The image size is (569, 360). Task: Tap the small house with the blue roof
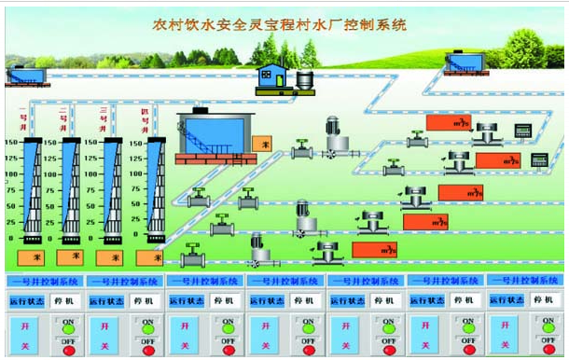(x=272, y=78)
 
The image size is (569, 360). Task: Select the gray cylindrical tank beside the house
(x=304, y=81)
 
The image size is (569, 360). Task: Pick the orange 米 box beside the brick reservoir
(x=265, y=144)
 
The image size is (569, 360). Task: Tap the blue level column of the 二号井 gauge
(x=71, y=191)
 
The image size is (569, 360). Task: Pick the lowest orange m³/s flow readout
(x=373, y=250)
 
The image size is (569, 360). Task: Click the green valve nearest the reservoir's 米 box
(x=301, y=147)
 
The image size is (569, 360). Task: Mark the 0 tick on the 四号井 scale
(x=137, y=238)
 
